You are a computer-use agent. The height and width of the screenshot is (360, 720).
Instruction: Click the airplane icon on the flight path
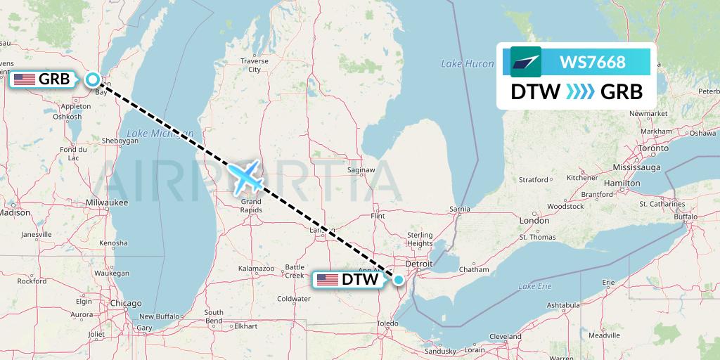pyautogui.click(x=245, y=175)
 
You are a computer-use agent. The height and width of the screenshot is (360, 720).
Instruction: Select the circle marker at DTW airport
pyautogui.click(x=399, y=280)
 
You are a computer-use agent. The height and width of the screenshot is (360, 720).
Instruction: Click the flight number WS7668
pyautogui.click(x=592, y=62)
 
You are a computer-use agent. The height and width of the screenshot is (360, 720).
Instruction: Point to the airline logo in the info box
pyautogui.click(x=525, y=62)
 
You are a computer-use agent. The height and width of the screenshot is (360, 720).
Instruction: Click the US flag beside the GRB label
pyautogui.click(x=24, y=79)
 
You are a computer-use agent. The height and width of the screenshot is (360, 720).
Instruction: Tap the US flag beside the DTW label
pyautogui.click(x=327, y=280)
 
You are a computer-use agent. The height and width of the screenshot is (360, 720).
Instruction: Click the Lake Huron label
pyautogui.click(x=467, y=64)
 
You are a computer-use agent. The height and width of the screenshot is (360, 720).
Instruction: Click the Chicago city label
pyautogui.click(x=125, y=303)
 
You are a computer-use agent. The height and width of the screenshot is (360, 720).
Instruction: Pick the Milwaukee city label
pyautogui.click(x=107, y=202)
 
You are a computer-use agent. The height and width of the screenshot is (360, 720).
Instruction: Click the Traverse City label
pyautogui.click(x=254, y=65)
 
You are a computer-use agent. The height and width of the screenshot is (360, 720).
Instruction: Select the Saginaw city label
pyautogui.click(x=362, y=170)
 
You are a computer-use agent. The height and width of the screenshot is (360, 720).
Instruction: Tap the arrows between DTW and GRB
pyautogui.click(x=581, y=92)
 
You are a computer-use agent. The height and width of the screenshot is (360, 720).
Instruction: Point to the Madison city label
pyautogui.click(x=15, y=212)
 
